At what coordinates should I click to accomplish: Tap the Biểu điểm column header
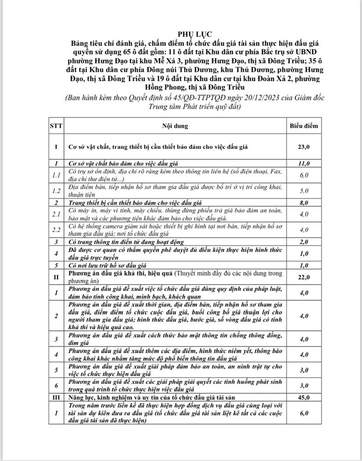point(303,125)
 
